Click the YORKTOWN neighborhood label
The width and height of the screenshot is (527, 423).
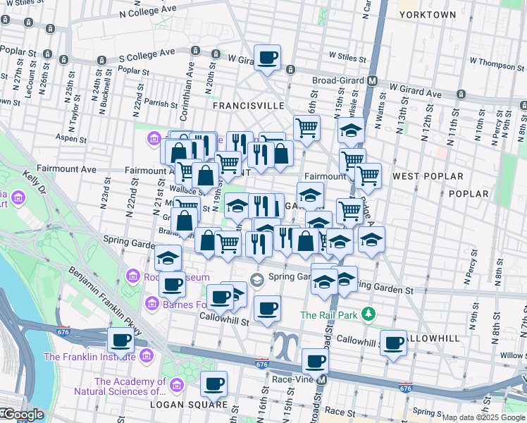(x=427, y=14)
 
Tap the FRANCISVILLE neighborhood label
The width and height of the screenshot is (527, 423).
(x=249, y=105)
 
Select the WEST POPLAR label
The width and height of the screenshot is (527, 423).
(x=428, y=176)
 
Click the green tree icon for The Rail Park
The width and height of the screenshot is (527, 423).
(x=366, y=312)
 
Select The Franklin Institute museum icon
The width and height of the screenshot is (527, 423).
(x=146, y=354)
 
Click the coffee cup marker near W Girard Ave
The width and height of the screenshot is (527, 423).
(x=267, y=58)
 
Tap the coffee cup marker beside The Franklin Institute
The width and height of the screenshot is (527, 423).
(x=120, y=341)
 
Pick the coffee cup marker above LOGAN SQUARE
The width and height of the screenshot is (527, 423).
(x=213, y=384)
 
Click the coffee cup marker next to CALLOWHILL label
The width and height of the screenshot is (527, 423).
(x=394, y=343)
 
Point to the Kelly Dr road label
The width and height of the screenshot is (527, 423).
(x=32, y=181)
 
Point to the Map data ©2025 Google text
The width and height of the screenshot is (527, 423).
(x=483, y=417)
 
